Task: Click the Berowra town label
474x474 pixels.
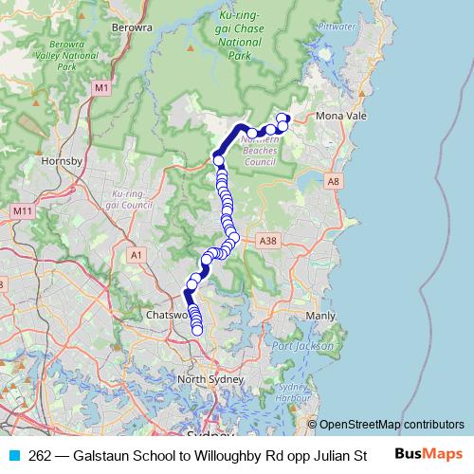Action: coord(135,27)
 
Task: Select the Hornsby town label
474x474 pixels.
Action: coord(63,161)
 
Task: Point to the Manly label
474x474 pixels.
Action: coord(321,315)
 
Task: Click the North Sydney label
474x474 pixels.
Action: coord(206,380)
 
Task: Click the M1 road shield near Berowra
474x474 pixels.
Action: coord(101,87)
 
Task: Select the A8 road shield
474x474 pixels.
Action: coord(332,179)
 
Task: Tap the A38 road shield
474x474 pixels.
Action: coord(266,242)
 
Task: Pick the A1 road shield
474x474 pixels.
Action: coord(137,254)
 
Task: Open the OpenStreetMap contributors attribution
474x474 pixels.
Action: coord(391,424)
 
